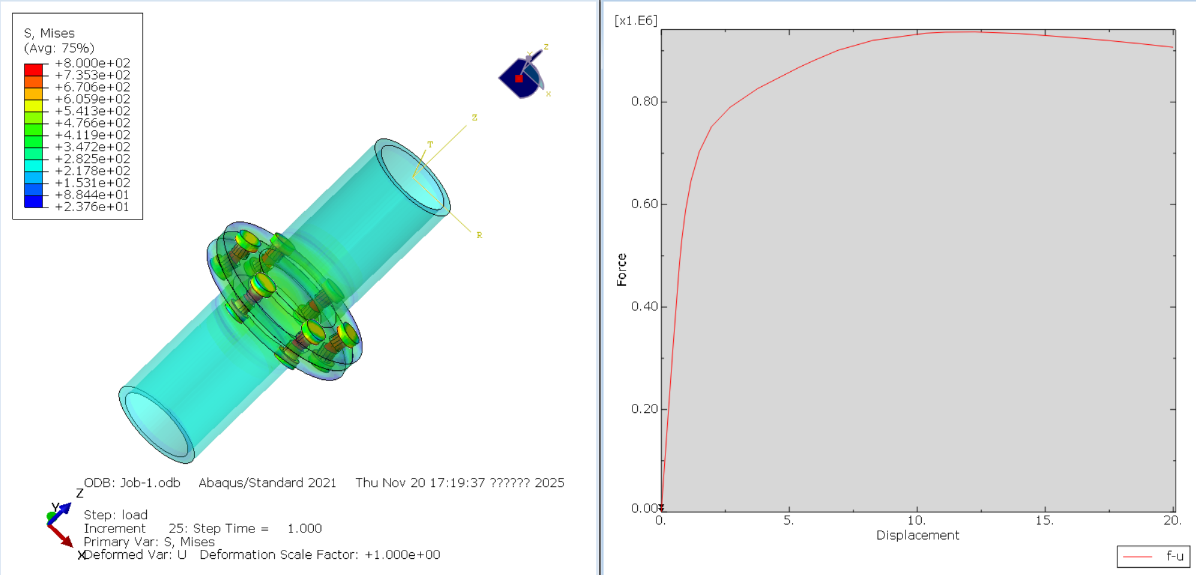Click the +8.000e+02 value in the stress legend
[x=92, y=63]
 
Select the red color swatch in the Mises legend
[x=34, y=69]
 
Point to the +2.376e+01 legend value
[x=92, y=206]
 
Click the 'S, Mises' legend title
[x=49, y=33]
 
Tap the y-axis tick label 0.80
[x=644, y=101]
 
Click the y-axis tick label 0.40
[x=644, y=306]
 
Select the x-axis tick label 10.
[x=916, y=520]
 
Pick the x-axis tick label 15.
[x=1044, y=520]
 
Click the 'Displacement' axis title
[x=918, y=535]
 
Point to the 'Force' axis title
[x=622, y=269]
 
